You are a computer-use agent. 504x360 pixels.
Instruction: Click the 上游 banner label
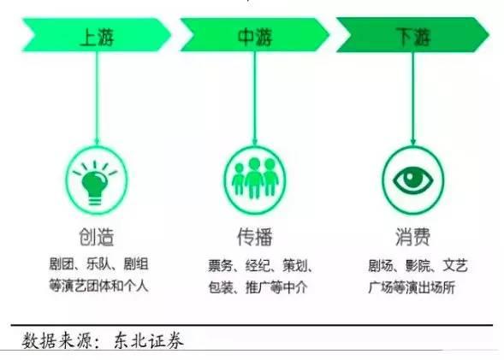click(x=97, y=38)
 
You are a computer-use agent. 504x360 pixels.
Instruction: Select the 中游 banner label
click(x=255, y=37)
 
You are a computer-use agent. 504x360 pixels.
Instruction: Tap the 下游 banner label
click(x=413, y=36)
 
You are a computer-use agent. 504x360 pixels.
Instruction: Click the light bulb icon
click(x=95, y=182)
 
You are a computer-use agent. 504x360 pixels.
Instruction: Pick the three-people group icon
click(x=255, y=177)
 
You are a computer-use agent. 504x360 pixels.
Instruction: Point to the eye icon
click(x=413, y=180)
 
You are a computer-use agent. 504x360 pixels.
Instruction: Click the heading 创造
click(x=97, y=237)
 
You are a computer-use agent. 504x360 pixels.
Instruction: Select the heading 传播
click(x=255, y=237)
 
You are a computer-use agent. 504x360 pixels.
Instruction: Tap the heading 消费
click(x=413, y=237)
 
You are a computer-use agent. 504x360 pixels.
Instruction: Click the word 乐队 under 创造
click(x=98, y=264)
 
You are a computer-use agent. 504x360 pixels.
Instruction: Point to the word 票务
click(x=221, y=266)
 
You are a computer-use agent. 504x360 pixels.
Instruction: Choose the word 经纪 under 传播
click(x=258, y=266)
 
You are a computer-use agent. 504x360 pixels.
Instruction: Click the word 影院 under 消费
click(x=418, y=266)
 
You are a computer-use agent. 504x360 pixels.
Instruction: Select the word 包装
click(x=221, y=287)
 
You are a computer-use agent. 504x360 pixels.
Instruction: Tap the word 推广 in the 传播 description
click(x=258, y=287)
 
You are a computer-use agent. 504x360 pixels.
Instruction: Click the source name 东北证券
click(x=149, y=340)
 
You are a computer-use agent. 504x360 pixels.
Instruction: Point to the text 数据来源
click(x=57, y=340)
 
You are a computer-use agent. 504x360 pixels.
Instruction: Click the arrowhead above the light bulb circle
click(x=97, y=142)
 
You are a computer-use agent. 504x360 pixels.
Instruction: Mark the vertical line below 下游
click(x=413, y=97)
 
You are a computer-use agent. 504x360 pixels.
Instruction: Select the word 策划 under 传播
click(x=295, y=266)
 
